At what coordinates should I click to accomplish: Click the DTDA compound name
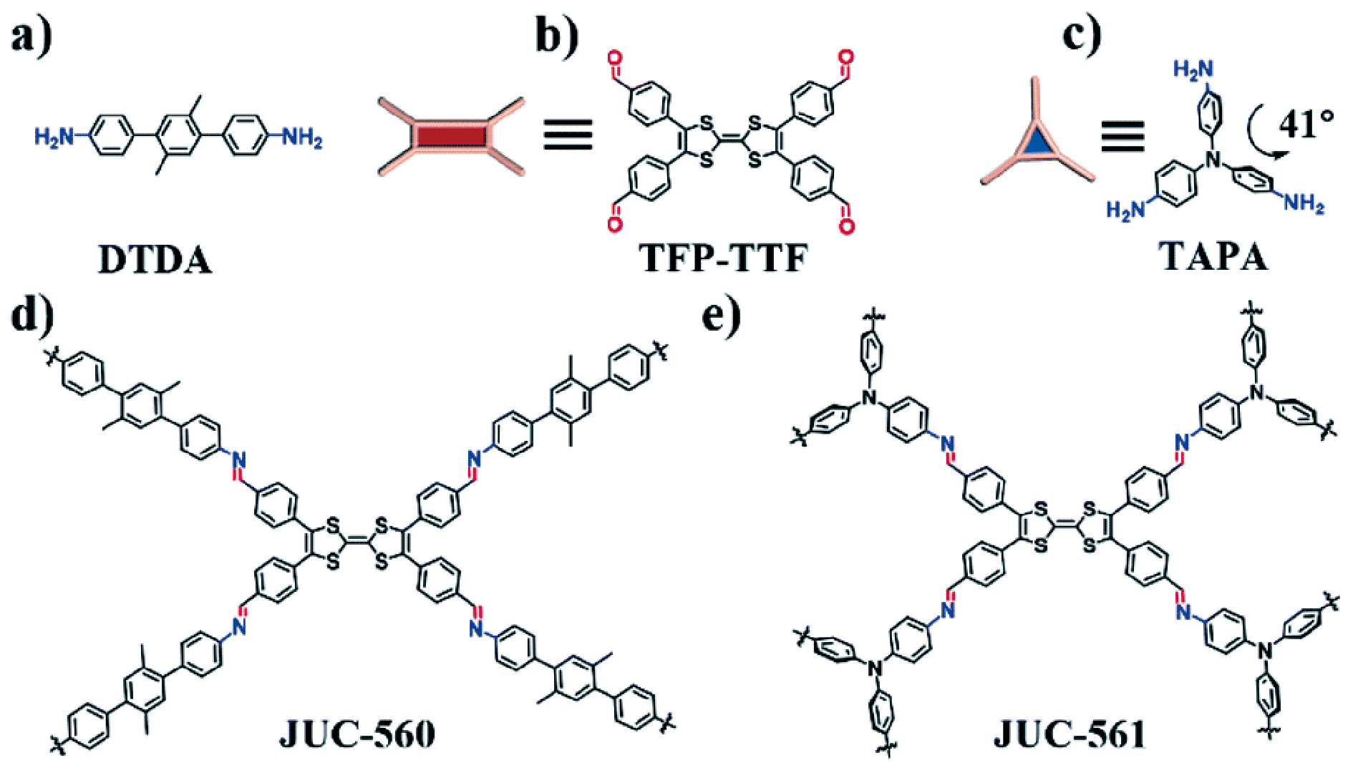click(155, 260)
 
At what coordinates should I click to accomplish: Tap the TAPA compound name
click(1213, 256)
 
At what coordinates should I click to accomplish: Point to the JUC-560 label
click(357, 734)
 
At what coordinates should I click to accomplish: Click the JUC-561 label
click(1070, 734)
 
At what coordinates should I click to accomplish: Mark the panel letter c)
click(1082, 34)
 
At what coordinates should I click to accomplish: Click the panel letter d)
click(32, 315)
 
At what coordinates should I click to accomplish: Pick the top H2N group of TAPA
click(1193, 69)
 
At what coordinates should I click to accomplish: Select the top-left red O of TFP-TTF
click(614, 57)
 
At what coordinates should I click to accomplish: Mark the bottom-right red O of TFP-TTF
click(847, 227)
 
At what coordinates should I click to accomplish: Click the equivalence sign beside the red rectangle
click(568, 135)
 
